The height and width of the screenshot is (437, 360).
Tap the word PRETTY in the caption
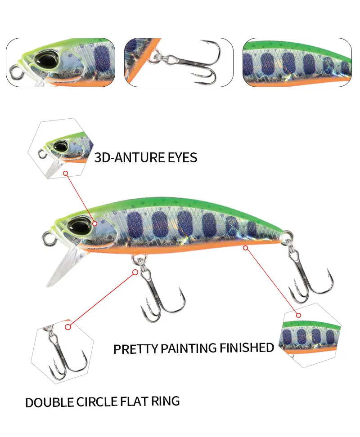(x=136, y=349)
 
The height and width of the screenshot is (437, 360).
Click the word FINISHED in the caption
(x=247, y=348)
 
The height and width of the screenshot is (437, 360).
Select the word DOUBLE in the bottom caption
(x=49, y=402)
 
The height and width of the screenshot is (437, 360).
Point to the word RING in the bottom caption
(x=165, y=401)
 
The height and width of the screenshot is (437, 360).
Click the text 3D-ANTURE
(x=130, y=158)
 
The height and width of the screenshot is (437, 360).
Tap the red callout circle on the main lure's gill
(x=95, y=223)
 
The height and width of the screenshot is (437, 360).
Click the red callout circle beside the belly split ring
(x=135, y=272)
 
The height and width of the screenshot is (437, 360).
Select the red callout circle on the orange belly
(x=245, y=248)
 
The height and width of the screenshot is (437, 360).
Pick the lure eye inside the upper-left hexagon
(x=60, y=146)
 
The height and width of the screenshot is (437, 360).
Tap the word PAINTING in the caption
(x=189, y=348)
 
